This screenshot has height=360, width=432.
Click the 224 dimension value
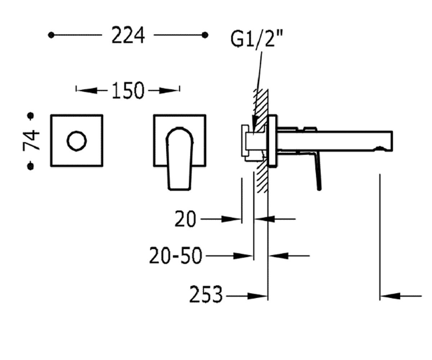tap(128, 35)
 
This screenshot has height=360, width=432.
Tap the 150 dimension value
tap(128, 90)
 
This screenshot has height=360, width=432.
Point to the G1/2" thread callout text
tap(256, 39)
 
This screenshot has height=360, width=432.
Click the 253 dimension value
tap(206, 294)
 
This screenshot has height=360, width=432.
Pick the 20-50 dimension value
tap(175, 255)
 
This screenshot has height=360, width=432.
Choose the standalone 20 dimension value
tap(185, 219)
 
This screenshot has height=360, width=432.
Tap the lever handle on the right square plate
tap(179, 158)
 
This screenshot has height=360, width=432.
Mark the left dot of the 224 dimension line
tap(51, 35)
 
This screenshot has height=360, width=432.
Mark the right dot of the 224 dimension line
tap(205, 35)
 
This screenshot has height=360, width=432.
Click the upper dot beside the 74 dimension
tap(31, 116)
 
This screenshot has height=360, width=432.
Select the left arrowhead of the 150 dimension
tap(87, 90)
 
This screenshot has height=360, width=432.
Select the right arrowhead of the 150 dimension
tap(169, 90)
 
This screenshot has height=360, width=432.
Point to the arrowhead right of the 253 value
tap(257, 296)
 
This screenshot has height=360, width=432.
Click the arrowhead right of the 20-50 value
tap(243, 256)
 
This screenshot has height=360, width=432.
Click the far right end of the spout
tap(392, 141)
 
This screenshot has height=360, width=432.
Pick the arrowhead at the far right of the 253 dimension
tap(390, 296)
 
